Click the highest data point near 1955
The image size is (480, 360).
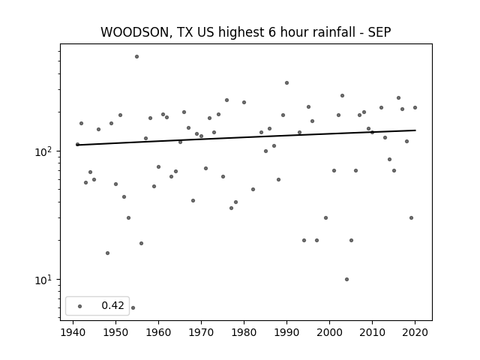(136, 57)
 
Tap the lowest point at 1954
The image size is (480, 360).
(133, 307)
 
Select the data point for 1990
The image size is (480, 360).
(286, 83)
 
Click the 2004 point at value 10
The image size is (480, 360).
(346, 279)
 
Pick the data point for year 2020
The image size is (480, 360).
(415, 107)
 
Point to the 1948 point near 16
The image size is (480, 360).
(107, 253)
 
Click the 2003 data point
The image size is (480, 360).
(342, 95)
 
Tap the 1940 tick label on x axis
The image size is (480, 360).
(73, 332)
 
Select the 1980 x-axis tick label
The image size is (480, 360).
(244, 332)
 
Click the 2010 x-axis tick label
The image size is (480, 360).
(372, 332)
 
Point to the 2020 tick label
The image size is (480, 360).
(415, 332)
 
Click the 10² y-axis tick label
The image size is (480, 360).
(43, 151)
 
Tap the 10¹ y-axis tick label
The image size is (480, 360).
(43, 280)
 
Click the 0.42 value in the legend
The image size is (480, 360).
(112, 305)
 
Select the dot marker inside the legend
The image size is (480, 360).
(80, 306)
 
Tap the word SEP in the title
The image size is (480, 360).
(379, 32)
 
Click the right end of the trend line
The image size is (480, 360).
(415, 130)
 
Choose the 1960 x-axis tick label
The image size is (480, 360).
(158, 332)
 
